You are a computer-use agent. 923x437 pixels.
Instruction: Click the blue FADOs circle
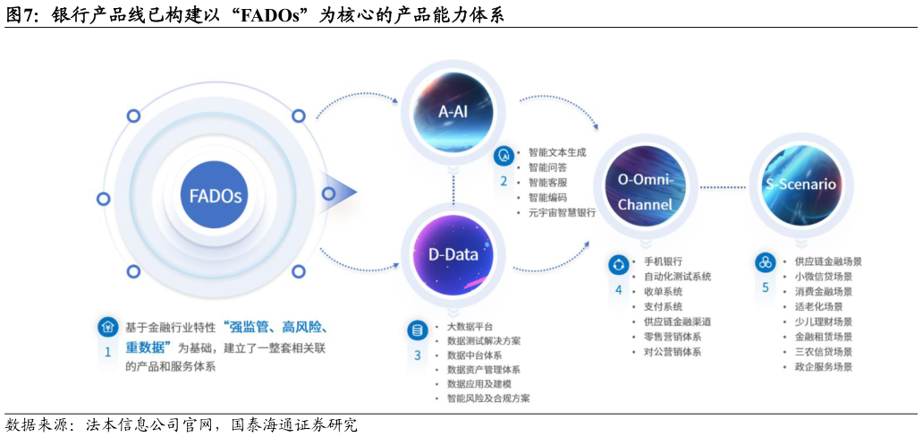click(x=215, y=195)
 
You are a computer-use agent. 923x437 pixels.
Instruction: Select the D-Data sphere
click(x=453, y=254)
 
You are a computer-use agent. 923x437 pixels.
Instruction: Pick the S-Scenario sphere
click(x=800, y=184)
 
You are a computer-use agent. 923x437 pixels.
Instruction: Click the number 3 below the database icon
click(x=417, y=356)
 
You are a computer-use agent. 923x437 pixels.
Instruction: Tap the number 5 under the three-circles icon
click(x=765, y=287)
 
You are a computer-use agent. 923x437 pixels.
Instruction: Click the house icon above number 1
click(x=107, y=327)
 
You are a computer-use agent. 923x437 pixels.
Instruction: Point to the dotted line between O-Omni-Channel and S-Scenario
click(x=722, y=186)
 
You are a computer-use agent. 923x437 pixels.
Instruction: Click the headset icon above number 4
click(x=618, y=264)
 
